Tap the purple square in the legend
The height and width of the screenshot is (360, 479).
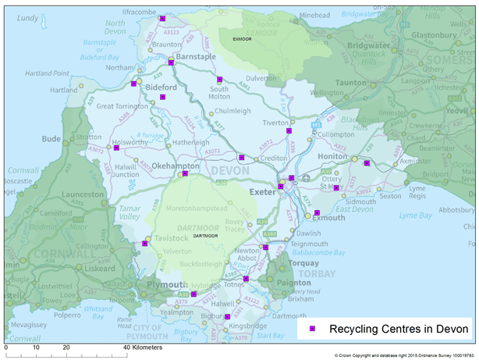point(312,329)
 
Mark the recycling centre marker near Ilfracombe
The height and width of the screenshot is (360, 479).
point(162,18)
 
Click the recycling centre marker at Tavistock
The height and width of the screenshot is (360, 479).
point(145,244)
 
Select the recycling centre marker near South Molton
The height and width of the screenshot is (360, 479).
point(220,79)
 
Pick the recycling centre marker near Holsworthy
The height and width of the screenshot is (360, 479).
point(116,147)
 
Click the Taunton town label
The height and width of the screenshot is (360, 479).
point(350,82)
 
